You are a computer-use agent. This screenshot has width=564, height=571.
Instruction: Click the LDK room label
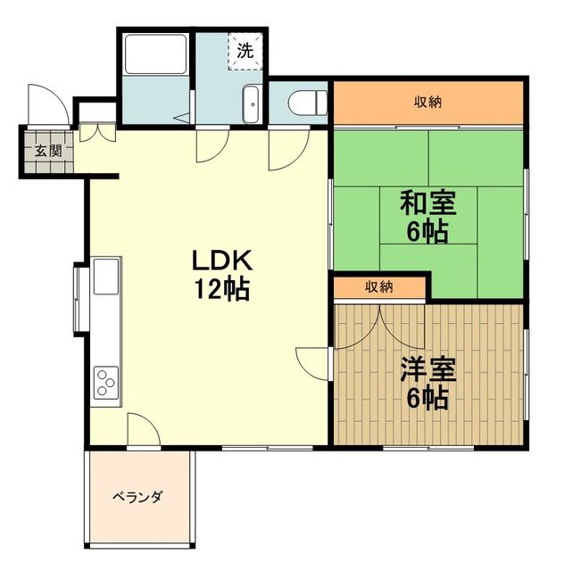tap(226, 261)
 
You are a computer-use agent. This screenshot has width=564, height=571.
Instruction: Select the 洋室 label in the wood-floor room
tap(428, 369)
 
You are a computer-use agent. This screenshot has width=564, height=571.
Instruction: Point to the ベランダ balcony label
tap(137, 497)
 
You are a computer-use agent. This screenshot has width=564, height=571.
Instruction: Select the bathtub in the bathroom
tap(155, 55)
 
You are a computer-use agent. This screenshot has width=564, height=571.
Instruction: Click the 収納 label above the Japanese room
tap(427, 101)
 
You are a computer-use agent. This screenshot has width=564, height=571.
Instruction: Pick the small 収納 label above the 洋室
tap(378, 287)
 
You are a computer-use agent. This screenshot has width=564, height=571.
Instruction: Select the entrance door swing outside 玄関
tap(45, 105)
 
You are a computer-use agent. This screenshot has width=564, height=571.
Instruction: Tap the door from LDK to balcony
tap(143, 430)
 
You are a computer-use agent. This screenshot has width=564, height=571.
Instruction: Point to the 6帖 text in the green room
tap(427, 232)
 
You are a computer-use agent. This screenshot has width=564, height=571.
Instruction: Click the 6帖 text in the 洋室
tap(428, 398)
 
